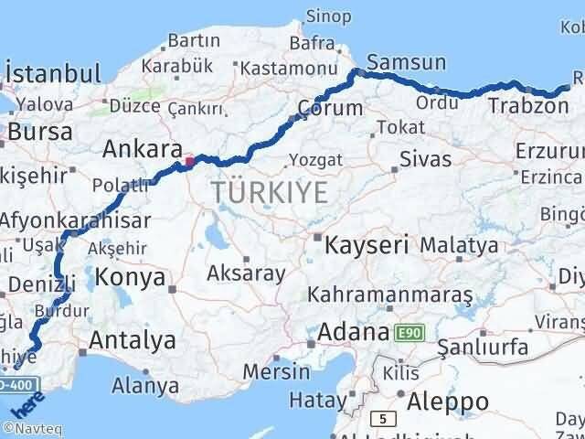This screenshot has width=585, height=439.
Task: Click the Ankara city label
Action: [140, 148]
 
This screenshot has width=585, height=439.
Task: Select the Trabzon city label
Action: [527, 106]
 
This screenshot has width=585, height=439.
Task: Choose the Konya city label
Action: [131, 277]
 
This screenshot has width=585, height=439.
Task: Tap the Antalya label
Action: [133, 341]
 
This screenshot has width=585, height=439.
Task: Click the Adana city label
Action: [353, 332]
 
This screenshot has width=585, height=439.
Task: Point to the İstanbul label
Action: [52, 74]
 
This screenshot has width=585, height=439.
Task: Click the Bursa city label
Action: [34, 132]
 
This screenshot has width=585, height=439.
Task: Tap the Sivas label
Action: [425, 159]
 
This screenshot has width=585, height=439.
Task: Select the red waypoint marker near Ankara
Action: [189, 162]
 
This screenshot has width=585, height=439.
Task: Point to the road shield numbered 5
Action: [380, 420]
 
